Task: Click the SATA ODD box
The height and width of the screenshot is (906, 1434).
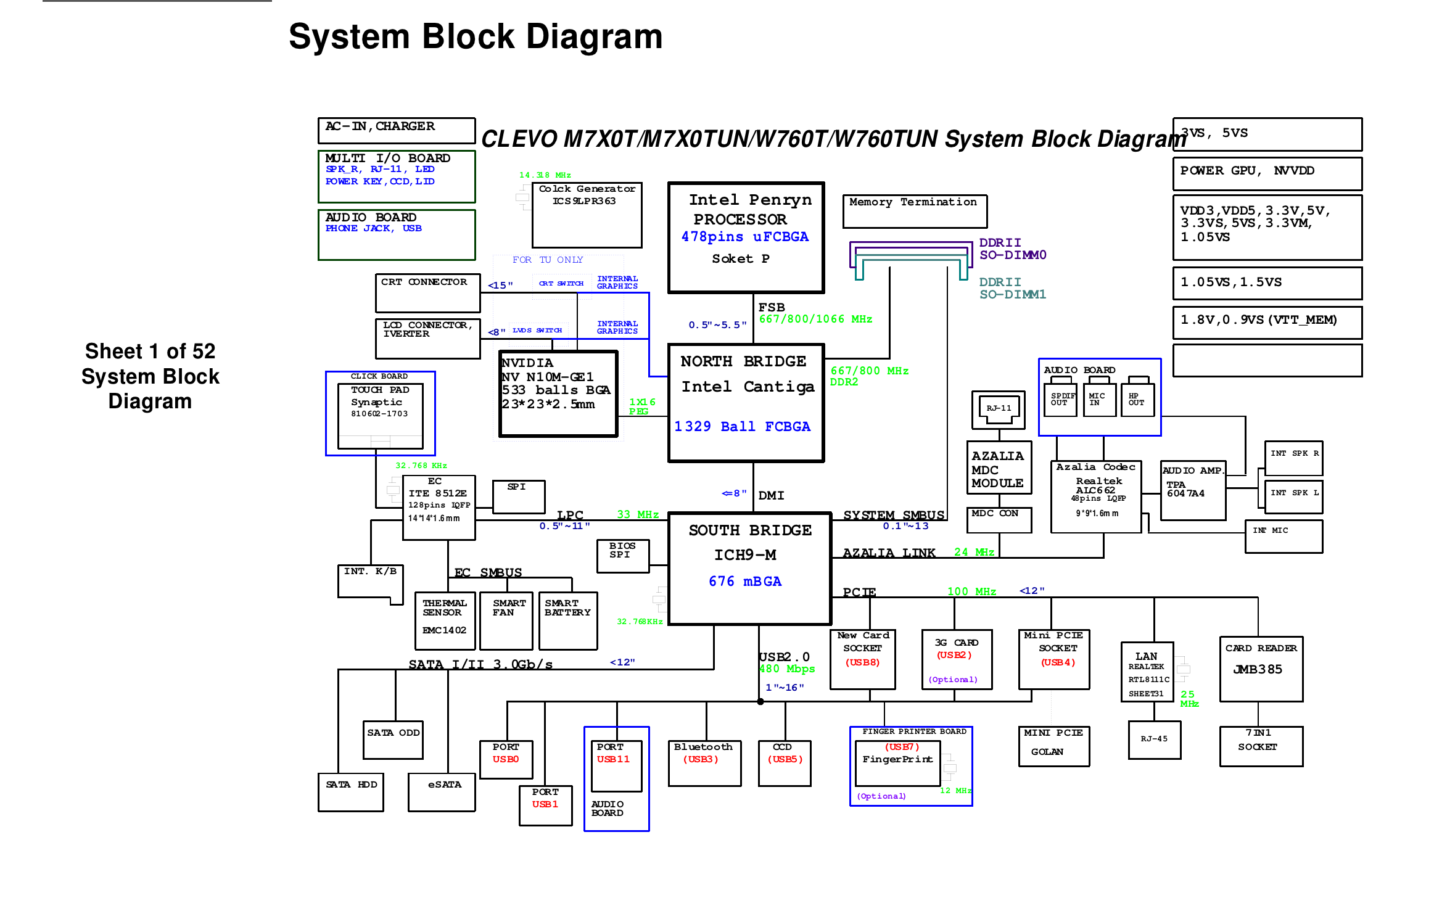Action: (393, 739)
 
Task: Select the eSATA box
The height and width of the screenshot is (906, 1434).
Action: (442, 792)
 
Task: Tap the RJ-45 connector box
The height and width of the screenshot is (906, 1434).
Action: (1154, 739)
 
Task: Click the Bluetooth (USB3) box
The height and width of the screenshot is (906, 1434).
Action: (704, 763)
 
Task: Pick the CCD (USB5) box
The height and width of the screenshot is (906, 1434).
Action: (784, 763)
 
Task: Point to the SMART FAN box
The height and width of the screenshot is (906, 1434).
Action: (506, 620)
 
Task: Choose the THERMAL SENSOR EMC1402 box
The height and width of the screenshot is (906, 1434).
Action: (445, 620)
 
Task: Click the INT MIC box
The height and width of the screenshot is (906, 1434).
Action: (1284, 536)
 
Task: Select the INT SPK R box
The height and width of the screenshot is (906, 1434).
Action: (1293, 458)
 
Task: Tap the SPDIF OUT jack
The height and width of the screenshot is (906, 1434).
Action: (1060, 400)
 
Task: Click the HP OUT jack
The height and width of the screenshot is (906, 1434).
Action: (1137, 400)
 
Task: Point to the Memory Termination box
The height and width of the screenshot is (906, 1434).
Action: (914, 211)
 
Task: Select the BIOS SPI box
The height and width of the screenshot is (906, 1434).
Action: (622, 556)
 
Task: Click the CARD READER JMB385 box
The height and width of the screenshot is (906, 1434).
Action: (1261, 669)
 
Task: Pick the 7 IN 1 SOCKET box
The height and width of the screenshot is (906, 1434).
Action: (1261, 746)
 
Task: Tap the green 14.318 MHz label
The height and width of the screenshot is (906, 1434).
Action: (545, 175)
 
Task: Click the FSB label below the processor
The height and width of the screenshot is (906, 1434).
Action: (771, 307)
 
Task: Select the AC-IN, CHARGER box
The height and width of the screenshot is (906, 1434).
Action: (396, 130)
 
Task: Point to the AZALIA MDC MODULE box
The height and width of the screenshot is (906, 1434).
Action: (998, 467)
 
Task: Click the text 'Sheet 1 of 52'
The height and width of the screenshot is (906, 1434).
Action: (150, 351)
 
